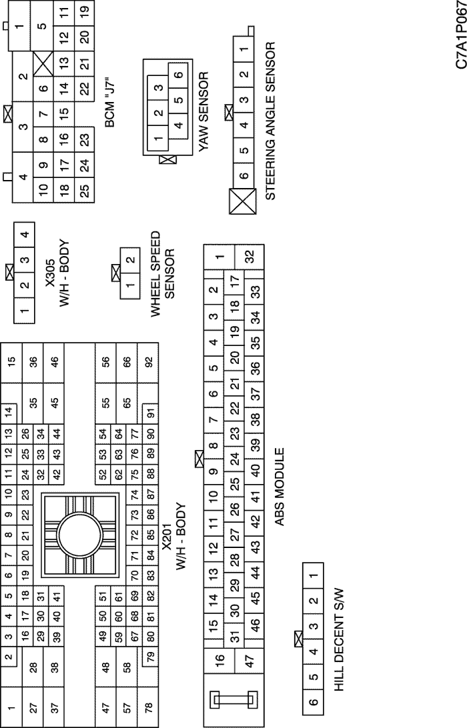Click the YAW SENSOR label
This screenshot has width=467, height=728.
coord(203,111)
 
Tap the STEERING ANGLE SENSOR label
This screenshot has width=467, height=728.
coord(270,121)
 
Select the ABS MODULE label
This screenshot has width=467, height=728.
coord(280,487)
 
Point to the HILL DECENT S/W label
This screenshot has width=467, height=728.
coord(339,640)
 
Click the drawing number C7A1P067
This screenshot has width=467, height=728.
coord(460,35)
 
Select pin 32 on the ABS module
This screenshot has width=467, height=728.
coord(250,256)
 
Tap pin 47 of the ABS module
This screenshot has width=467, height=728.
coord(250,660)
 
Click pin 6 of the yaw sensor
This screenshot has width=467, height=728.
coord(178,74)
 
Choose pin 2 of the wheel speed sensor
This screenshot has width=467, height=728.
coord(130,259)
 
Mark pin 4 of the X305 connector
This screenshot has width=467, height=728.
coord(25,234)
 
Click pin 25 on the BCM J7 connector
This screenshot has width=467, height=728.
coord(84,191)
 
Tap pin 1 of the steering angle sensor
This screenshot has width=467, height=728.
coord(244,47)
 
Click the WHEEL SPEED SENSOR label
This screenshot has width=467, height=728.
coord(162,275)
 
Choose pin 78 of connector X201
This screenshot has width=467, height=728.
coord(148,707)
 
